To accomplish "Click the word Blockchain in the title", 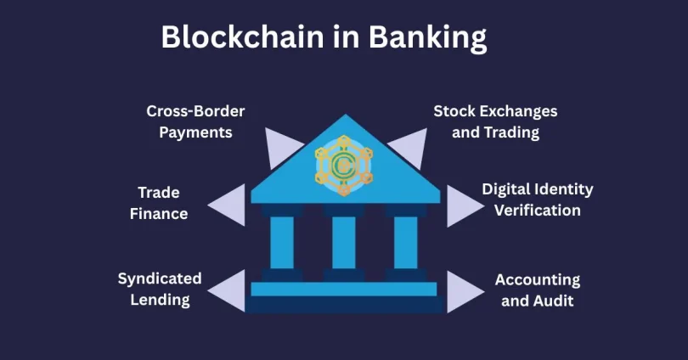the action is point(242,37).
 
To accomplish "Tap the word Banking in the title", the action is point(427,38).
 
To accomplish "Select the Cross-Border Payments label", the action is point(195,121).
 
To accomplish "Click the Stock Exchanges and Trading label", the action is point(495,121).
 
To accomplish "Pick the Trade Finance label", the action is point(159,203).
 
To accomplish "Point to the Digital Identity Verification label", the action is point(538,200).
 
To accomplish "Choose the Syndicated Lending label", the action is point(160,290).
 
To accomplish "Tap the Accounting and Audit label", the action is point(538,290).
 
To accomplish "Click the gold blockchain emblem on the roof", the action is point(344,166).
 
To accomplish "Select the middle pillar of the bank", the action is point(344,243).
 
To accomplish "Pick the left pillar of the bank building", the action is point(282,243).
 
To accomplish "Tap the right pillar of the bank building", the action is point(406,243).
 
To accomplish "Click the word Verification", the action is point(538,211).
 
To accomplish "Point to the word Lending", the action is point(161,301).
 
